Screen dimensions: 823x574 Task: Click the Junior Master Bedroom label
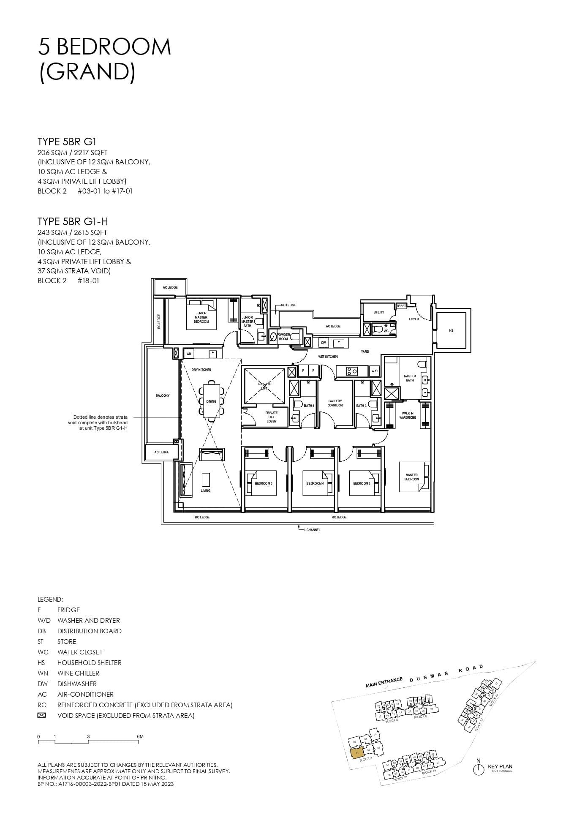point(201,317)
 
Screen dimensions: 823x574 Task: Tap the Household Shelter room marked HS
point(451,330)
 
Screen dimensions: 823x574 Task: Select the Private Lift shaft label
point(264,386)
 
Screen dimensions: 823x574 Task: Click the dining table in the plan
point(211,401)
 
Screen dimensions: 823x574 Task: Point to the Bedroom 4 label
point(315,483)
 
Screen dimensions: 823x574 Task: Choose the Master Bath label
point(409,378)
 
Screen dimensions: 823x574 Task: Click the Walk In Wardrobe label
point(408,415)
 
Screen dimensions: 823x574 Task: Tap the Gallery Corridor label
point(335,403)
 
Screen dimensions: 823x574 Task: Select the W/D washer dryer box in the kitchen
point(374,371)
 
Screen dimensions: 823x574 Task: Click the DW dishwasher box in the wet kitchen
point(323,343)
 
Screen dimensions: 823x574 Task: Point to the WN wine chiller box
point(188,353)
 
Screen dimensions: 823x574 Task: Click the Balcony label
point(162,395)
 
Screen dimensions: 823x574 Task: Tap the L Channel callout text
point(312,530)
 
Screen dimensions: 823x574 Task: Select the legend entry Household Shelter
point(89,662)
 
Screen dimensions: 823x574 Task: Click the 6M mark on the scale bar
point(140,736)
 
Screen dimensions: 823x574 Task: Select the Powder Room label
point(283,337)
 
